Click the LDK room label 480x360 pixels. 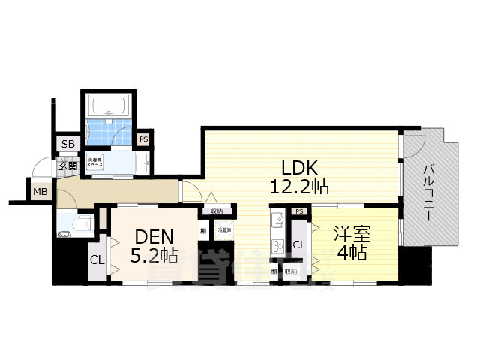[295, 166]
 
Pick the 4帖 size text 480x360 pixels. [350, 253]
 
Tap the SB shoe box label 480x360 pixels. [67, 143]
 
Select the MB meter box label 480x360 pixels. [40, 192]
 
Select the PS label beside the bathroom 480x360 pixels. [143, 139]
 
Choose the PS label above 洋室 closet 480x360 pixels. [299, 212]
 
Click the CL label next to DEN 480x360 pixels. [97, 259]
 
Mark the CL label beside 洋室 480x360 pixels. [298, 244]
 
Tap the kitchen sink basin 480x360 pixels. [275, 223]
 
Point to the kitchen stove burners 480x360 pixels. [275, 247]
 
